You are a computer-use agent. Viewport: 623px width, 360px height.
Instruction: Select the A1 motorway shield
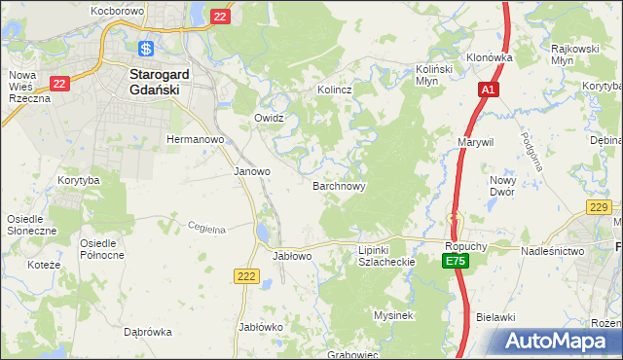coord(489,90)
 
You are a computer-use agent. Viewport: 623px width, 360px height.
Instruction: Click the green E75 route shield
coord(456,262)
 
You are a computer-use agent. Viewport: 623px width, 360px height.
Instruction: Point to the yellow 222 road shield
coord(246,277)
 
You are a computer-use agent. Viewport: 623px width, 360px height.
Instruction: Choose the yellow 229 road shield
coord(599,206)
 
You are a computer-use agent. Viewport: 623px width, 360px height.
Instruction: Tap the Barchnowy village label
coord(339,185)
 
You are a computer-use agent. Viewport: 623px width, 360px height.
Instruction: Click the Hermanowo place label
coord(196,139)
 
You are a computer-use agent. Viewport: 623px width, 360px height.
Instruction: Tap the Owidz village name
coord(269,118)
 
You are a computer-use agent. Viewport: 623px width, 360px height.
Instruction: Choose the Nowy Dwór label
coord(502,186)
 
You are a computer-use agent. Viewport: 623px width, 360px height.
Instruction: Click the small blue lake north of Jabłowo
coord(264,234)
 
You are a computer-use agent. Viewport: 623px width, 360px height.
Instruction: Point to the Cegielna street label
coord(206,229)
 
